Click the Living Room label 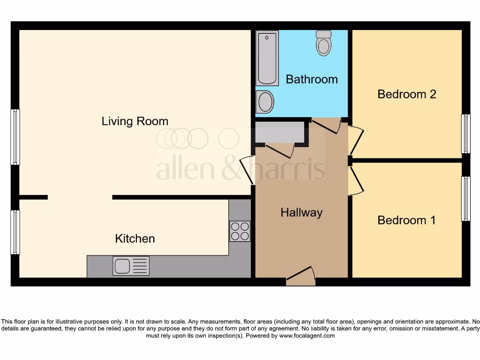coord(135,121)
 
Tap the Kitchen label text coord(135,239)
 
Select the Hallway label coord(301,213)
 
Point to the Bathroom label coord(312,79)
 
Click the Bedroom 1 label coord(406,220)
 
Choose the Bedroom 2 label coord(406,94)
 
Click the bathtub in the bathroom coord(267,58)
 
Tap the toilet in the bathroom coord(323,43)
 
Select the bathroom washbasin coord(265,102)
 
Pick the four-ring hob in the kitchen coord(240,231)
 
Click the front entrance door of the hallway coord(300,277)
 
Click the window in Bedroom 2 coord(465,134)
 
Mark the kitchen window coord(15,232)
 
